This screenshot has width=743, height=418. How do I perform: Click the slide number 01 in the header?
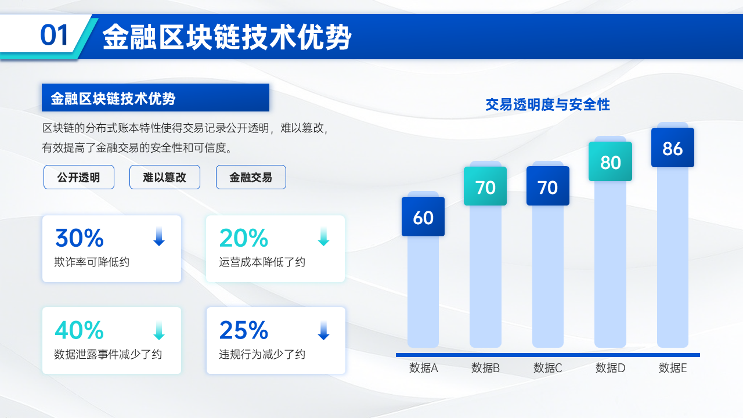click(54, 35)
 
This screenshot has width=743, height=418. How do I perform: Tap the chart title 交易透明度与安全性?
click(547, 105)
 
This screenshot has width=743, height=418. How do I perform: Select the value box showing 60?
click(423, 217)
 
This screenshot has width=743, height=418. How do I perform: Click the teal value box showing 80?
click(610, 161)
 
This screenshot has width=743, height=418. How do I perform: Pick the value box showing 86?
click(673, 147)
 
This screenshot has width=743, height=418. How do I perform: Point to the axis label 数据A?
click(423, 368)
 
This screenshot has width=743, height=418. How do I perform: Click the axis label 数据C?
click(547, 368)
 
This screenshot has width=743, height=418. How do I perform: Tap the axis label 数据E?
click(673, 368)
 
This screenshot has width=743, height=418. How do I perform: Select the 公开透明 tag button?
click(79, 177)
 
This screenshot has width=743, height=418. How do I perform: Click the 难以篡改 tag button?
click(165, 177)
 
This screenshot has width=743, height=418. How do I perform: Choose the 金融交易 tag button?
click(251, 177)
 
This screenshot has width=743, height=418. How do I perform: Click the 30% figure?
click(80, 238)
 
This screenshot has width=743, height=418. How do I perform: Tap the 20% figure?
click(244, 238)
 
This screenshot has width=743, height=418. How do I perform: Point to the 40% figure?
click(80, 330)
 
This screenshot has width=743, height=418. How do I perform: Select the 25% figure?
click(244, 330)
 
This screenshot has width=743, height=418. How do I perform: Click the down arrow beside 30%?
click(159, 236)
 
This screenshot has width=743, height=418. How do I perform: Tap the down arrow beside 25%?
click(323, 330)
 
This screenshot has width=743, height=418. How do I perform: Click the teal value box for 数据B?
click(485, 186)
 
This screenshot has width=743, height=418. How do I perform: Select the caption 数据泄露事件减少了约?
click(108, 354)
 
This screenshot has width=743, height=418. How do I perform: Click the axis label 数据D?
click(610, 368)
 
